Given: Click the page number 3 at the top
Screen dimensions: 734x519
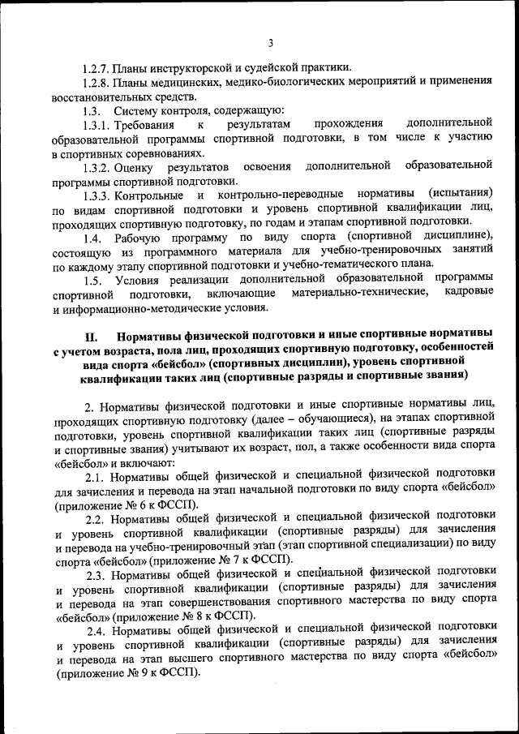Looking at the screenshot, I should point(271,43).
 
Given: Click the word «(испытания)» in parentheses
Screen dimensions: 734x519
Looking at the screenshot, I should point(461,195).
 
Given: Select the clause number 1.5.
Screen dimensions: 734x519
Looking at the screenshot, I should point(92,280).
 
